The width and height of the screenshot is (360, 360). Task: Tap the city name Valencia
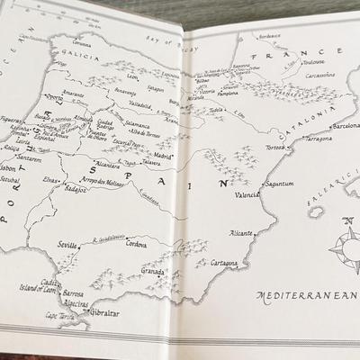(x=246, y=193)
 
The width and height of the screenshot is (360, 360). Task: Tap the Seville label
(x=69, y=245)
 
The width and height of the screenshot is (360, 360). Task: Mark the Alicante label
(x=241, y=231)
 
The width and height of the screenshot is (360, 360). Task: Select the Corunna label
(x=83, y=42)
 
